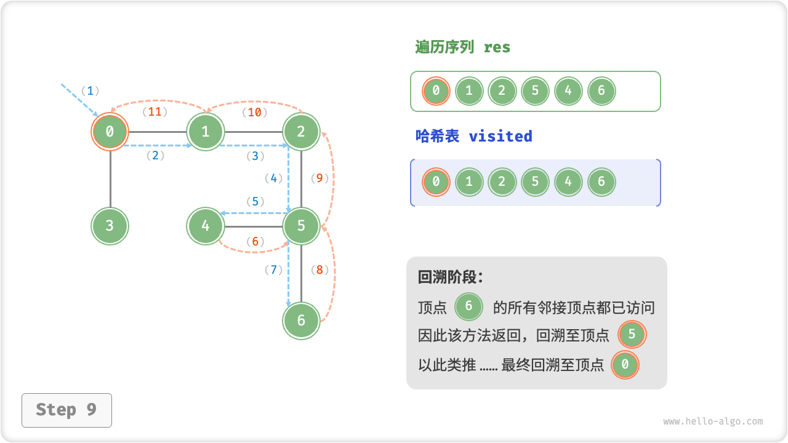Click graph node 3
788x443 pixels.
tap(110, 226)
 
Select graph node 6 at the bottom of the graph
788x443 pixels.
tap(301, 321)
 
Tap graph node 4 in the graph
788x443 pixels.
tap(206, 226)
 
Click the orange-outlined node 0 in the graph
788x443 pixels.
tap(110, 131)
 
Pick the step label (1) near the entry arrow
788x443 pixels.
tap(90, 91)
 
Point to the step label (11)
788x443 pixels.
tap(155, 112)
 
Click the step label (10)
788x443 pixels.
tap(254, 112)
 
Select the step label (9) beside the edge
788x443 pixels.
tap(320, 178)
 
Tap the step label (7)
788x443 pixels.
tap(273, 269)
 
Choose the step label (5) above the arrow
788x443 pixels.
tap(255, 201)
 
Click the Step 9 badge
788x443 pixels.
tap(66, 410)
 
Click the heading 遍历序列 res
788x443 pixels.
tap(463, 47)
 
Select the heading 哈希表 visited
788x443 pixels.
tap(473, 137)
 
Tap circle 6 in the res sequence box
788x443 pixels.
tap(601, 91)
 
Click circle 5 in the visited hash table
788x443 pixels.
tap(535, 182)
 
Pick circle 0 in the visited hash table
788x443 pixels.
tap(436, 182)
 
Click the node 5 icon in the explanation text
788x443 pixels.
tap(632, 335)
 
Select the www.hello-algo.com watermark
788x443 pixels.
tap(713, 421)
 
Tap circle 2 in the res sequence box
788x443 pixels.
tap(502, 91)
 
